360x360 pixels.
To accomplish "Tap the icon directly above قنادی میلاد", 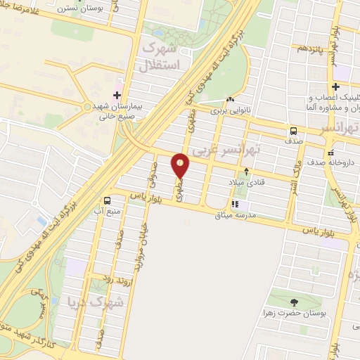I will pos(247,171).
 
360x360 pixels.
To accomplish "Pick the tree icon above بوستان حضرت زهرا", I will pos(295,302).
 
